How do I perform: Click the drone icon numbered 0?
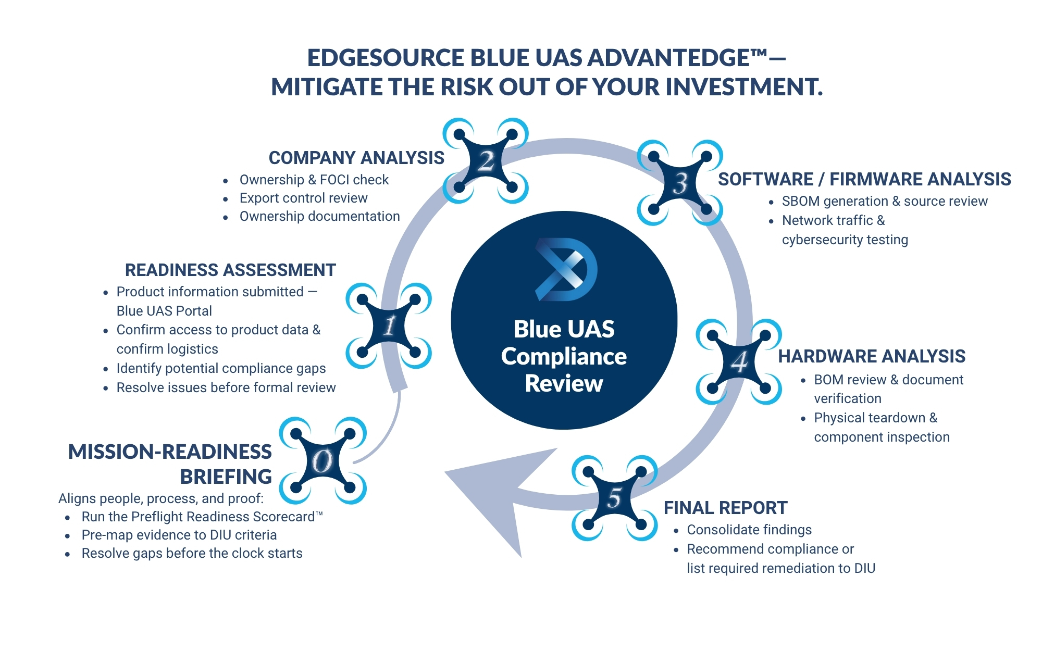click(x=322, y=461)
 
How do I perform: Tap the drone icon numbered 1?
click(x=389, y=326)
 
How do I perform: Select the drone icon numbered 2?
click(x=486, y=161)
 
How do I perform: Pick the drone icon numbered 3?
click(x=680, y=183)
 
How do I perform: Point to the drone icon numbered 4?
click(x=739, y=362)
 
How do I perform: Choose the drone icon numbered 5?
click(x=615, y=498)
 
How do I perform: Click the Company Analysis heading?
click(x=356, y=158)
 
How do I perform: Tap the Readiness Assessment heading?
click(x=230, y=270)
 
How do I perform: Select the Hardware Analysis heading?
click(x=872, y=356)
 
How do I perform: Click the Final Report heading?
click(x=725, y=508)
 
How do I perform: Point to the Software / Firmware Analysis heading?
click(x=864, y=179)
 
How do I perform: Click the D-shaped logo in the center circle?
click(x=566, y=269)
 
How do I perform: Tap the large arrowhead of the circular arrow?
click(x=495, y=500)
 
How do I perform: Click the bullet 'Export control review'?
click(x=303, y=198)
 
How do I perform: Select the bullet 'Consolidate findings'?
click(x=749, y=530)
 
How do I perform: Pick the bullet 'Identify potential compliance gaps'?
click(x=221, y=368)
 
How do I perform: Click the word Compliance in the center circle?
click(x=564, y=357)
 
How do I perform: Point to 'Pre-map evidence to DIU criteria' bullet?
click(x=179, y=535)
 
